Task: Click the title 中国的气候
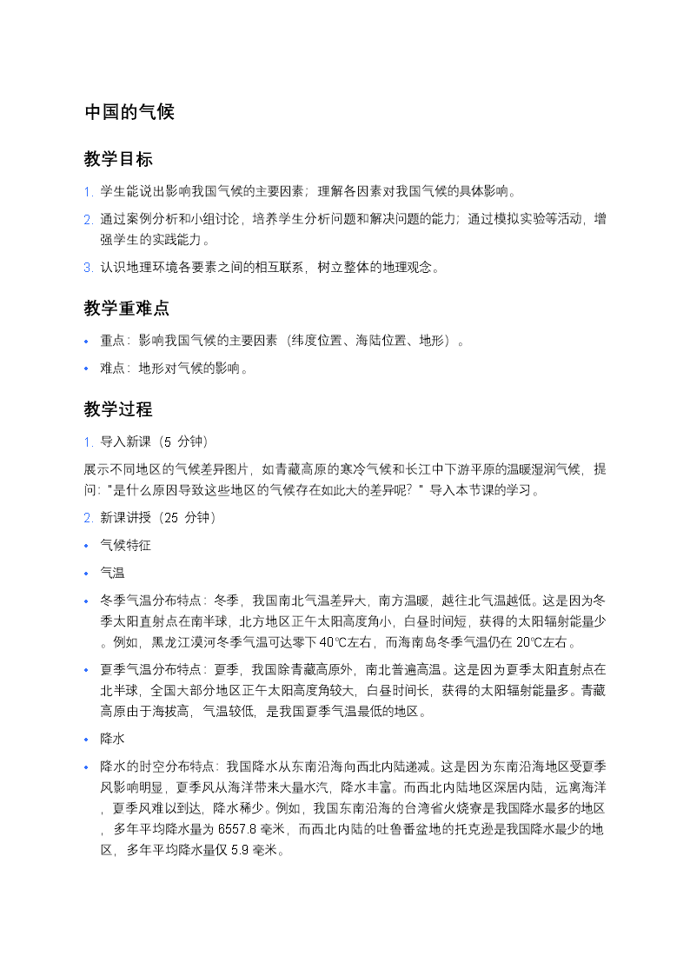(129, 112)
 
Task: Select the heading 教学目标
(118, 159)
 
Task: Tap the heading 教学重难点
(127, 309)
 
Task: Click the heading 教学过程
(118, 409)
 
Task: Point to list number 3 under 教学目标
(88, 268)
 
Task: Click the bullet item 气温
(112, 573)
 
